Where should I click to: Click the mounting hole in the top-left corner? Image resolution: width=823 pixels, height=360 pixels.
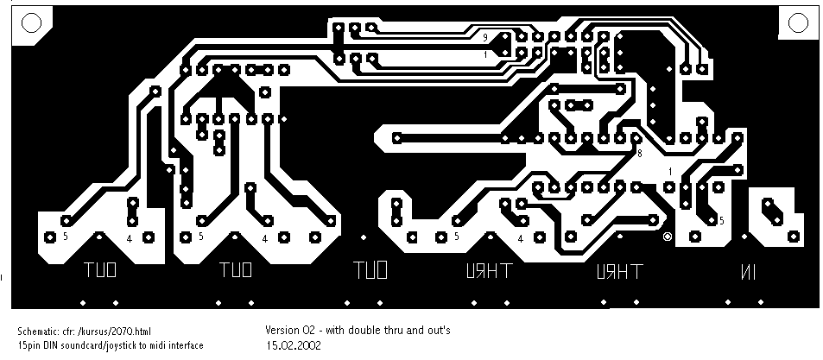point(28,23)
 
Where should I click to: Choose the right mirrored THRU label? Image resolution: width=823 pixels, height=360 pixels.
point(618,272)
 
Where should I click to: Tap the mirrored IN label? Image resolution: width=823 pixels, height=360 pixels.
point(746,272)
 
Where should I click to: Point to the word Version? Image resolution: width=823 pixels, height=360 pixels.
point(281,330)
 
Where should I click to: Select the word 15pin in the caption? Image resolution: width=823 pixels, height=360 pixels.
point(28,345)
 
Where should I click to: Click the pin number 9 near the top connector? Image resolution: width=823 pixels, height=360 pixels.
point(485,37)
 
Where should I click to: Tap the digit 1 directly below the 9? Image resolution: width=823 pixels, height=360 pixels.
point(485,54)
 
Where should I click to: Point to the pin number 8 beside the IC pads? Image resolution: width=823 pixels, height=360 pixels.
point(640,153)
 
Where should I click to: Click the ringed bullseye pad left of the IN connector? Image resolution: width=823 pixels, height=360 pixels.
point(667,237)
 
